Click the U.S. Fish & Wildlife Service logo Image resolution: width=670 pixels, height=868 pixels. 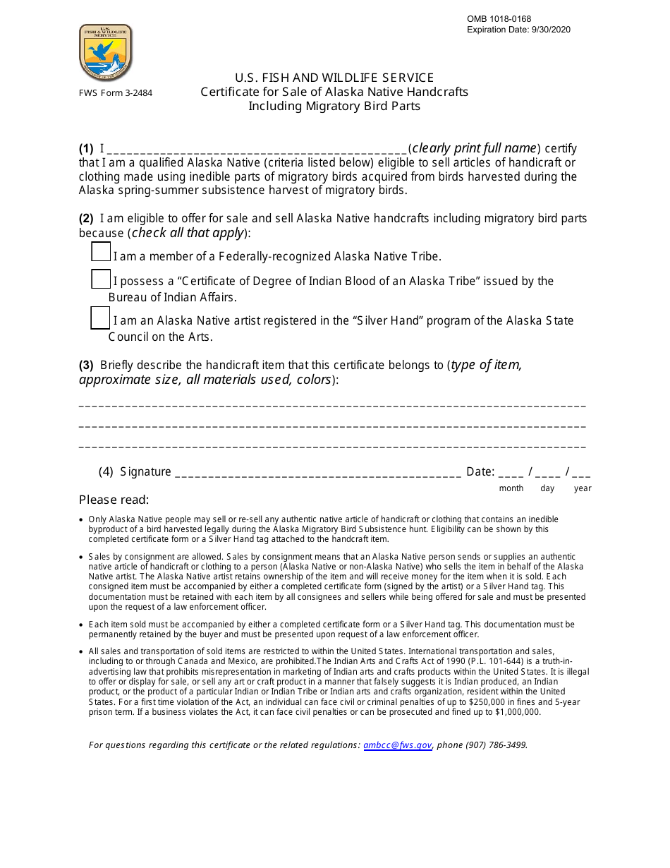pyautogui.click(x=106, y=53)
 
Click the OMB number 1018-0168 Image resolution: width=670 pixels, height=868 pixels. pyautogui.click(x=499, y=19)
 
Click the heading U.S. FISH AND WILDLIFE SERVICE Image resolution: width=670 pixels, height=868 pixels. pyautogui.click(x=334, y=78)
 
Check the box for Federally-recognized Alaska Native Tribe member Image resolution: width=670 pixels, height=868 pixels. pyautogui.click(x=101, y=252)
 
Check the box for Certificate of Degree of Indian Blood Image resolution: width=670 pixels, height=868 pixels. pyautogui.click(x=101, y=279)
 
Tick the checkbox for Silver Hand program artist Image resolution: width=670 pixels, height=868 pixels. pyautogui.click(x=100, y=318)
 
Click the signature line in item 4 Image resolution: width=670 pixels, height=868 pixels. pyautogui.click(x=317, y=474)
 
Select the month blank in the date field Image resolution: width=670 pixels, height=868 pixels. pyautogui.click(x=511, y=474)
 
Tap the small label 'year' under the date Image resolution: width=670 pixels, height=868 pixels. pyautogui.click(x=583, y=488)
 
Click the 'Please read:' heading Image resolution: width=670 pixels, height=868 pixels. pyautogui.click(x=114, y=500)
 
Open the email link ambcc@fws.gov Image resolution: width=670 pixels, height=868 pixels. pyautogui.click(x=398, y=745)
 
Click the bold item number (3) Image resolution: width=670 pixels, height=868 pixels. pyautogui.click(x=86, y=366)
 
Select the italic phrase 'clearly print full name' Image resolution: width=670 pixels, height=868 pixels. pyautogui.click(x=474, y=148)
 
